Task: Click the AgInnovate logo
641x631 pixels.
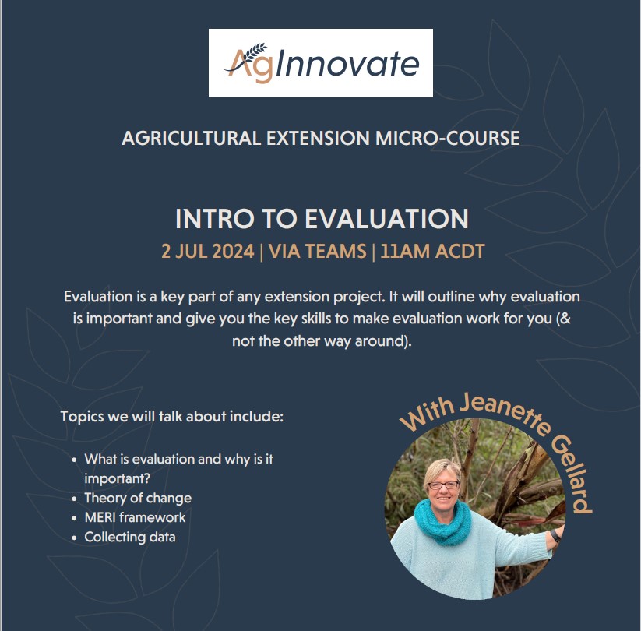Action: coord(321,63)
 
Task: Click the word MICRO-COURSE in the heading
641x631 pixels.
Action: coord(447,138)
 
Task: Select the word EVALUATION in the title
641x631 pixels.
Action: coord(386,219)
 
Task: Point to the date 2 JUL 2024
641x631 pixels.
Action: coord(208,251)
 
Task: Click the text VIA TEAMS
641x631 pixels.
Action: coord(318,251)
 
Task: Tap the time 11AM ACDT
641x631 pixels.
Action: coord(432,251)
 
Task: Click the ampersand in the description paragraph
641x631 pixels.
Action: coord(565,318)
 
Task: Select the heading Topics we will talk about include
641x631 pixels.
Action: coord(171,416)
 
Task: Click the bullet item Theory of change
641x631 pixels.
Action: coord(138,498)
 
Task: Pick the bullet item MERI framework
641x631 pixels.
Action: coord(135,517)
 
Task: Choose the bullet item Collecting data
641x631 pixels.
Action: coord(130,537)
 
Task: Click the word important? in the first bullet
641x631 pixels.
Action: coord(118,478)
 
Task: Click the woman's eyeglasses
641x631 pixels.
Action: coord(443,485)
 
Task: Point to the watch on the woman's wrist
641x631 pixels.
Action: coord(555,535)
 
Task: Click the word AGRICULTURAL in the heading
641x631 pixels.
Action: coord(192,138)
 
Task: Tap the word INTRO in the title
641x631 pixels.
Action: coord(215,219)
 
